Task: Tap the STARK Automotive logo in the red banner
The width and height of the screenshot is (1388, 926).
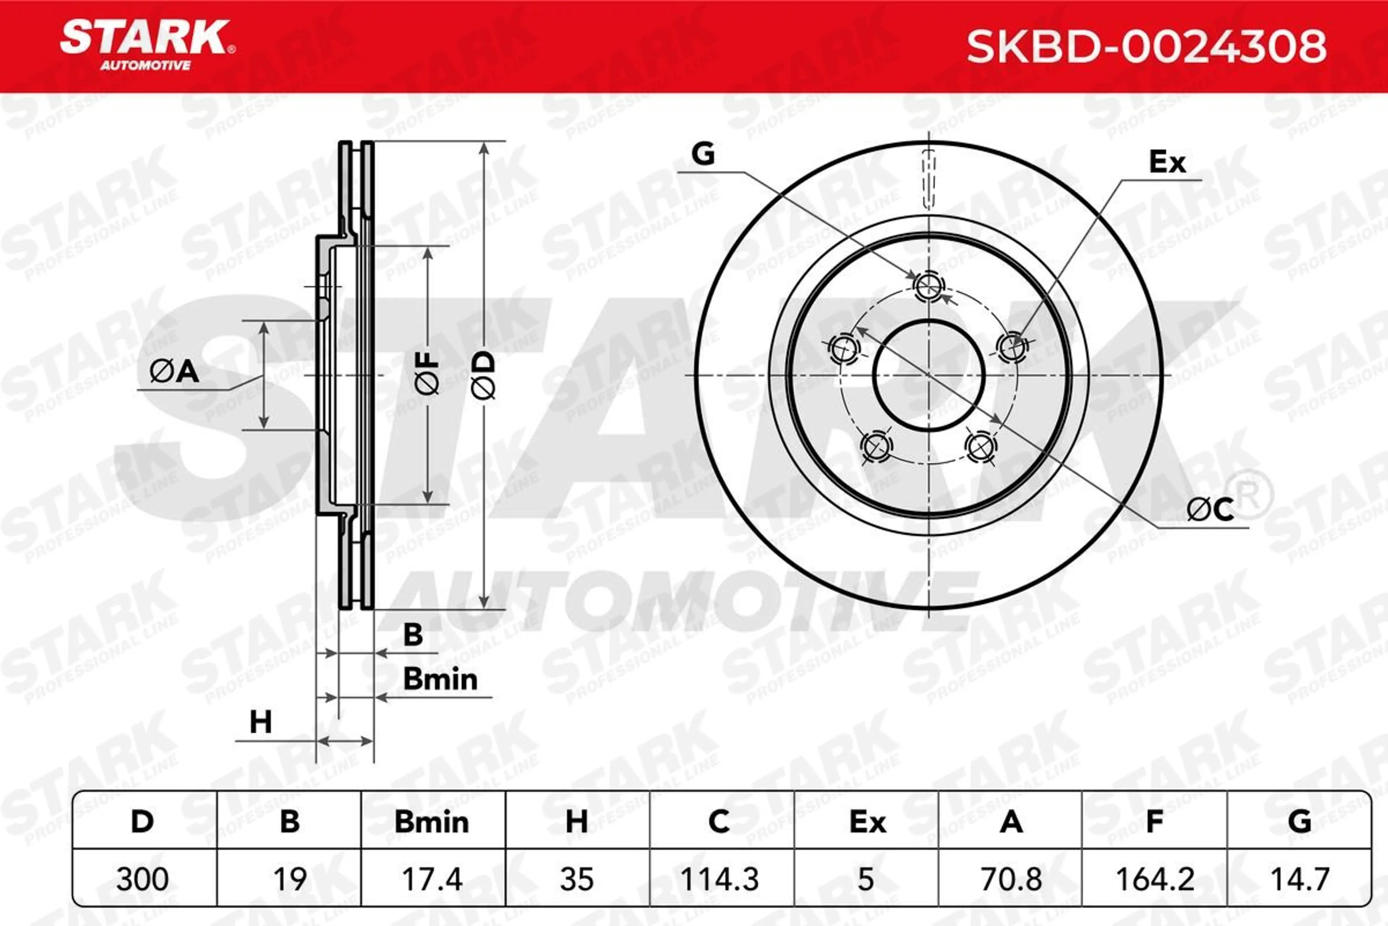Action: pos(147,45)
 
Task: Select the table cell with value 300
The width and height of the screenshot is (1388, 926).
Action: pos(142,879)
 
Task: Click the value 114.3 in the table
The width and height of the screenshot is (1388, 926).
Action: pos(719,879)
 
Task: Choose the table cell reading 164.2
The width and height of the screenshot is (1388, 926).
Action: pos(1155,879)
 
